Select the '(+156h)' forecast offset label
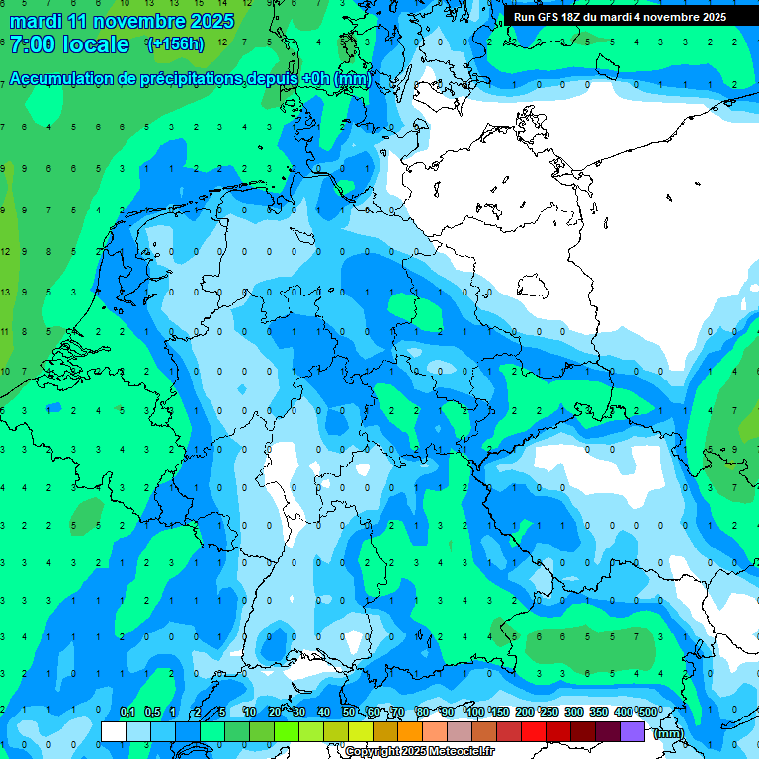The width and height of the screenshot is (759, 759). (x=175, y=44)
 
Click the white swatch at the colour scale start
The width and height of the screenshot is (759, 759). (x=114, y=731)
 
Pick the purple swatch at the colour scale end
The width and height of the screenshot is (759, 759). (x=632, y=731)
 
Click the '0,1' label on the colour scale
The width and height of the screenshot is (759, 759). (x=127, y=712)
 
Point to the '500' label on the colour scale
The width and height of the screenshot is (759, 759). (x=648, y=712)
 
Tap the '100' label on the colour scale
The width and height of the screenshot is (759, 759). (x=475, y=712)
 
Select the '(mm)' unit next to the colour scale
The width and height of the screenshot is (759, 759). (x=669, y=733)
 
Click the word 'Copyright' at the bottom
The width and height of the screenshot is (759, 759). (x=373, y=752)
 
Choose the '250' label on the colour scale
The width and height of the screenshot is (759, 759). (x=549, y=712)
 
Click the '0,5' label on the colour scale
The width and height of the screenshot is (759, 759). (x=152, y=712)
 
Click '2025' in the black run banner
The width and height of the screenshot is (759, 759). (x=712, y=17)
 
